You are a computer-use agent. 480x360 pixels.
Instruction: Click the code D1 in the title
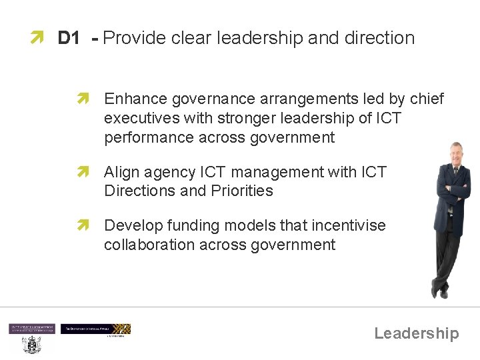pos(69,38)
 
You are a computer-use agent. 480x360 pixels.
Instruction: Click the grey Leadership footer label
pos(416,333)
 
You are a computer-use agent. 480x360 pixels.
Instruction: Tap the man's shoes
pos(439,292)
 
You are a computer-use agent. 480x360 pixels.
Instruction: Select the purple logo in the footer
pos(31,329)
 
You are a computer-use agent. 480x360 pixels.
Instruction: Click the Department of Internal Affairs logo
pos(95,329)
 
